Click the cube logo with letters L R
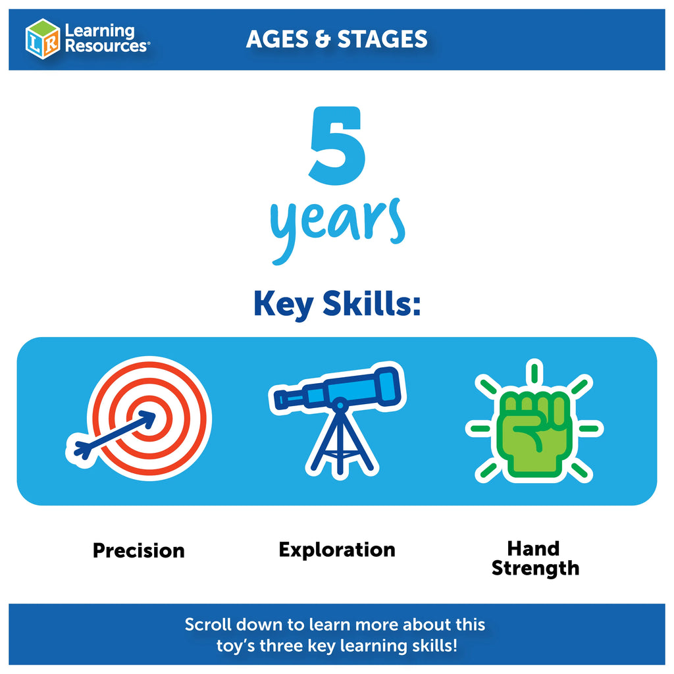coord(43,39)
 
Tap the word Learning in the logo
coord(100,31)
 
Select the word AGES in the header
coord(277,39)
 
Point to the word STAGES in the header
coord(382,39)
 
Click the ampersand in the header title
coord(323,39)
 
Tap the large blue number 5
coord(338,145)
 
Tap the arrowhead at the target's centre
coord(147,419)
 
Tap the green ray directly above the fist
coord(534,373)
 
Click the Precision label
coord(139,551)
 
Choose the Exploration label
coord(337,550)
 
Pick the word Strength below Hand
coord(535,569)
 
